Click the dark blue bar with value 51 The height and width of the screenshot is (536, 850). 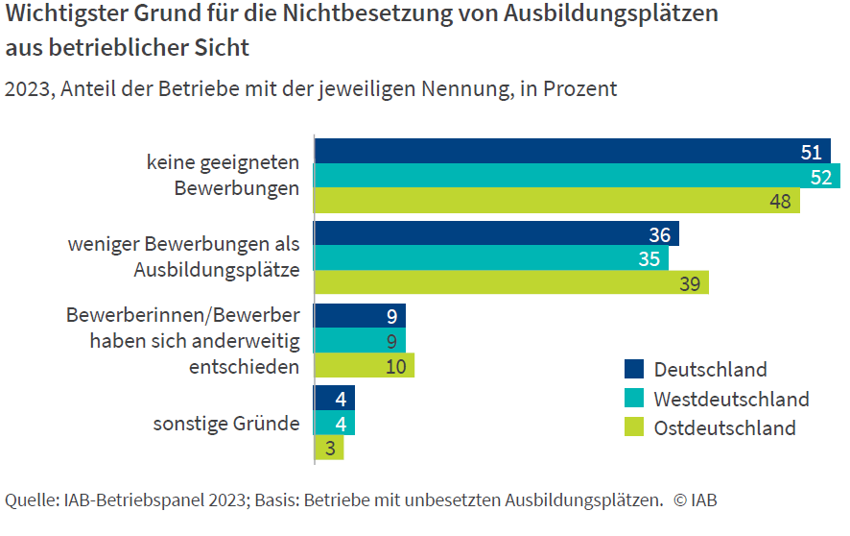tap(572, 151)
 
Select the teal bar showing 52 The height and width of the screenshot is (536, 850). tap(577, 176)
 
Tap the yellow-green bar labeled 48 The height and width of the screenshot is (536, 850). tap(556, 200)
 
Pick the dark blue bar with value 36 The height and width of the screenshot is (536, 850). tap(496, 234)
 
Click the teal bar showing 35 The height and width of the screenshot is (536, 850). tap(491, 258)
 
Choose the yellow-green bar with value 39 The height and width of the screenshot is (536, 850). tap(511, 282)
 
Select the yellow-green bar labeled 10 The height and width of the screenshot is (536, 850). tap(365, 365)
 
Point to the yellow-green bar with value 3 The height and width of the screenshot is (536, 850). tap(329, 448)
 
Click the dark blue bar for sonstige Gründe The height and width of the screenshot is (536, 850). tap(335, 398)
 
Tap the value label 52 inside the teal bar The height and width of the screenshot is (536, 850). tap(820, 177)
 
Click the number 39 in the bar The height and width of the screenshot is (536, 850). tap(688, 282)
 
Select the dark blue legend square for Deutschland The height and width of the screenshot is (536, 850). tap(634, 369)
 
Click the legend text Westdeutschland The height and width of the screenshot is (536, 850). tap(731, 399)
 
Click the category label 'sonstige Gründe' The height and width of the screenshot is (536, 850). tap(226, 423)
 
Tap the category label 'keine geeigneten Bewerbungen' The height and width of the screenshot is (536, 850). tap(223, 175)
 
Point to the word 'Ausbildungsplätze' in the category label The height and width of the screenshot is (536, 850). tap(216, 270)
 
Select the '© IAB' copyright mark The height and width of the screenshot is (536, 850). tap(695, 499)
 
